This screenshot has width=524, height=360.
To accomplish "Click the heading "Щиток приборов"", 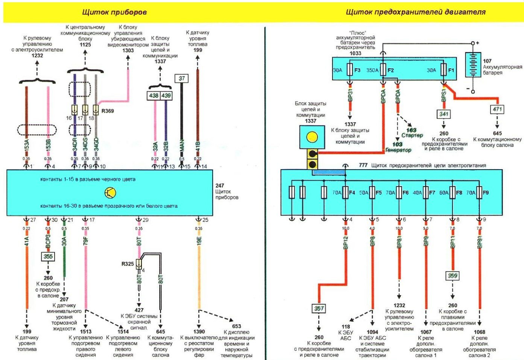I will click(114, 12).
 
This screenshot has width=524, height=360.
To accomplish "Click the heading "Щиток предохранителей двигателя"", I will click(415, 12).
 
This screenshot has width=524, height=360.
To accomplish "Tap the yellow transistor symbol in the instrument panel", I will click(110, 193).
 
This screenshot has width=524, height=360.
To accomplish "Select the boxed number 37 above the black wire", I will click(182, 78).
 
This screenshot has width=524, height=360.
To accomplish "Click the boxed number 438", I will click(153, 96).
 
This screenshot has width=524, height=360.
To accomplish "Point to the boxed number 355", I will click(48, 257).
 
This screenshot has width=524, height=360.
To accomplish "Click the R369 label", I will click(108, 111).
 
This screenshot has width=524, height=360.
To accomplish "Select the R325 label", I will click(128, 264).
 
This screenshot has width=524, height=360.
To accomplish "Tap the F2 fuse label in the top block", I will click(390, 70).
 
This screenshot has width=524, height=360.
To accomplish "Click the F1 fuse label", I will click(451, 70).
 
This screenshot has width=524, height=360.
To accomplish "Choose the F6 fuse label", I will click(406, 193).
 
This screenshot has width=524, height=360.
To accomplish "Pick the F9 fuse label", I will click(486, 193).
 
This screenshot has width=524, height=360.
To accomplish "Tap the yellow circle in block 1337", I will click(312, 137).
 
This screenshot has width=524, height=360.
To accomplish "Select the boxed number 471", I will click(497, 109).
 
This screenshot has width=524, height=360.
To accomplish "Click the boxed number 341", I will click(444, 114).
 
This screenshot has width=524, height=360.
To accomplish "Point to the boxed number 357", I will click(319, 308).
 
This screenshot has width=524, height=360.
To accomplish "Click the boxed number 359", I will click(452, 276).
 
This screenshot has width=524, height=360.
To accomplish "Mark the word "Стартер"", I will click(412, 135).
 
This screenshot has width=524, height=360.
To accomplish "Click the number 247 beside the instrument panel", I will click(220, 185).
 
